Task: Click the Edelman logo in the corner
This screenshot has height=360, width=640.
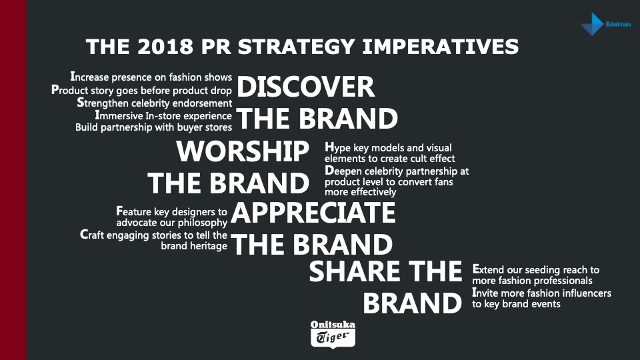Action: (605, 24)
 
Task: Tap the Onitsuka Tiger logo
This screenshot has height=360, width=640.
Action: (333, 334)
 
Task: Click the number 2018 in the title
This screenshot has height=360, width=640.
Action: (165, 47)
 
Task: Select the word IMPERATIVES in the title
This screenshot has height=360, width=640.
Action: (441, 47)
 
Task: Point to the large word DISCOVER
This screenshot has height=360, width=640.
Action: (305, 87)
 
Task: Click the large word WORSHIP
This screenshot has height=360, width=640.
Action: (243, 151)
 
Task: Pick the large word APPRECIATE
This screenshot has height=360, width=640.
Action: (313, 213)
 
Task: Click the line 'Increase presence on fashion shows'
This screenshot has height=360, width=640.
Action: (151, 77)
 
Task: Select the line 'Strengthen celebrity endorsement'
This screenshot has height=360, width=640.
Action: (155, 103)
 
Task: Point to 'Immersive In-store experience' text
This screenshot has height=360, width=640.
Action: (163, 115)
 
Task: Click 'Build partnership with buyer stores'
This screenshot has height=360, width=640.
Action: (153, 127)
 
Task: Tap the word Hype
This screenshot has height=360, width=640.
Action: (337, 148)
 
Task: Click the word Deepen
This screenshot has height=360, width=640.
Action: (344, 171)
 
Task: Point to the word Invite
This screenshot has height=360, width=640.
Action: (485, 293)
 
